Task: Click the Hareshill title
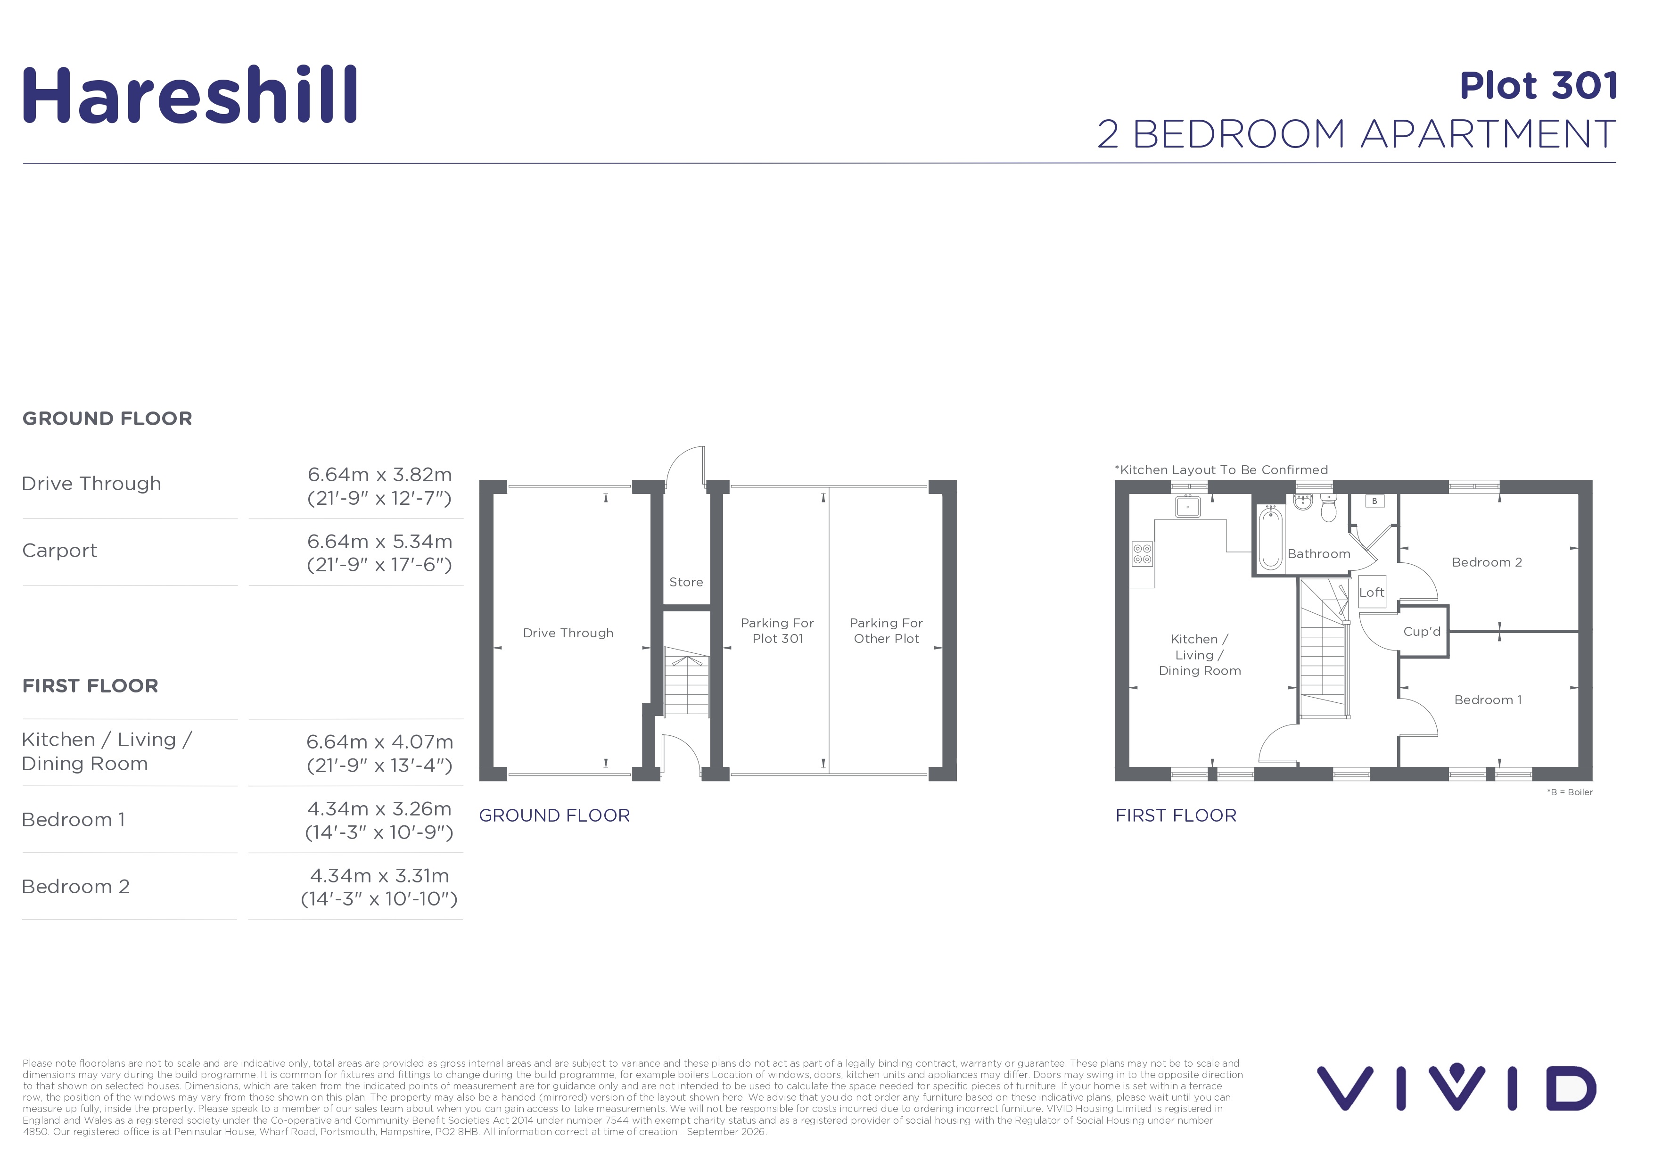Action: tap(190, 95)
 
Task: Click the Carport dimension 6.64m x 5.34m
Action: tap(379, 541)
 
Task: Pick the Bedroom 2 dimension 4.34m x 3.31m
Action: tap(379, 875)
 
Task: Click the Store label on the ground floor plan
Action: tap(686, 582)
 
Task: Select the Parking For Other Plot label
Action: tap(886, 631)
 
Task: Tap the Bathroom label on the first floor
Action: tap(1319, 554)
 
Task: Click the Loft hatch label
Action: tap(1372, 593)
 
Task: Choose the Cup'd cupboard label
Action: tap(1422, 632)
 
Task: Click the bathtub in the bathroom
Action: tap(1271, 537)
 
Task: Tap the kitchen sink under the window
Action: tap(1188, 506)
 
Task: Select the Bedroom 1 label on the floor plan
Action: tap(1488, 700)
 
